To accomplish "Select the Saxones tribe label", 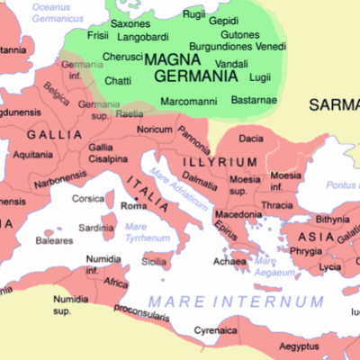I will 130,23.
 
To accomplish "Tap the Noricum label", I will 153,130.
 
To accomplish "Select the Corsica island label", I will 88,198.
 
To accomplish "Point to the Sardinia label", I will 96,228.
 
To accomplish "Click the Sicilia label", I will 154,262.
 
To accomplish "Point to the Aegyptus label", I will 298,346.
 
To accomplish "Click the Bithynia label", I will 332,219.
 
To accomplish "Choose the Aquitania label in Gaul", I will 32,155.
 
